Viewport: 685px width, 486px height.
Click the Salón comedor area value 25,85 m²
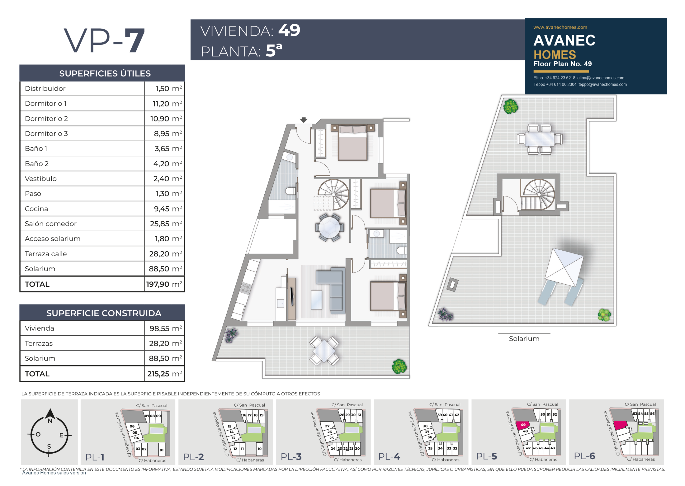pos(166,224)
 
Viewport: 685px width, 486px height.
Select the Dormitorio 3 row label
pos(46,134)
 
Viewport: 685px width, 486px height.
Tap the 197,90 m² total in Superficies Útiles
pos(164,284)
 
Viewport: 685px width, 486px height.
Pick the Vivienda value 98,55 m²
pos(166,328)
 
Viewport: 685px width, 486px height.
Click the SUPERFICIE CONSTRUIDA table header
pos(104,313)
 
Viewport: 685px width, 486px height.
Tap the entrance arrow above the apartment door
pos(304,120)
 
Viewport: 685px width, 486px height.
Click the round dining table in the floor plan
pos(329,227)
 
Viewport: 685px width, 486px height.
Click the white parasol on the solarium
pos(564,267)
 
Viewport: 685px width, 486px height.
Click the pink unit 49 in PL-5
pos(522,425)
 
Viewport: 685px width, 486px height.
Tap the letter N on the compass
pos(50,421)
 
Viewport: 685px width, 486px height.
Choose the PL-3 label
pos(291,457)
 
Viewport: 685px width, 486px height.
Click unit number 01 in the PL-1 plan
pos(161,450)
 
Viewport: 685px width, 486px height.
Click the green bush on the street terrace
pos(399,366)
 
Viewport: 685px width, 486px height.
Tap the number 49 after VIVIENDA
pos(289,30)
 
